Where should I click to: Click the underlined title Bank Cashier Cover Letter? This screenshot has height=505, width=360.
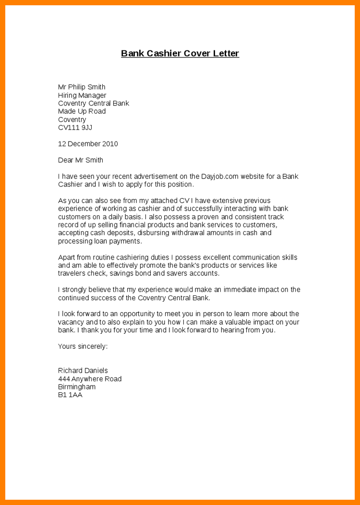(x=180, y=53)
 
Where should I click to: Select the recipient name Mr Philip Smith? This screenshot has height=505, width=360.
(x=82, y=87)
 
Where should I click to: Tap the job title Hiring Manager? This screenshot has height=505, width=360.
(x=82, y=95)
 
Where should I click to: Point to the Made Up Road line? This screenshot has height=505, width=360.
(x=82, y=111)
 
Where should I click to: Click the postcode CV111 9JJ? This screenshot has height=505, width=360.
(x=75, y=128)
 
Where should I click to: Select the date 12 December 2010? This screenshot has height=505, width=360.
(x=88, y=144)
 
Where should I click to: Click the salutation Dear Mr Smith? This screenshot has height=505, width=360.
(x=81, y=160)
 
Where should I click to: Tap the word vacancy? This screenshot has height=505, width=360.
(x=71, y=322)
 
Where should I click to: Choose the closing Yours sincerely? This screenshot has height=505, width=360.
(x=83, y=346)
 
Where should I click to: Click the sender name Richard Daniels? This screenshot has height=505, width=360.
(x=83, y=371)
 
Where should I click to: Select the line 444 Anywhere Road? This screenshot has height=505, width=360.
(x=90, y=379)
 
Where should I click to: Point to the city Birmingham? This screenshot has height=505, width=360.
(x=77, y=387)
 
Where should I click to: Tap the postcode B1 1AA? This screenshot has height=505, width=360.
(x=70, y=395)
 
